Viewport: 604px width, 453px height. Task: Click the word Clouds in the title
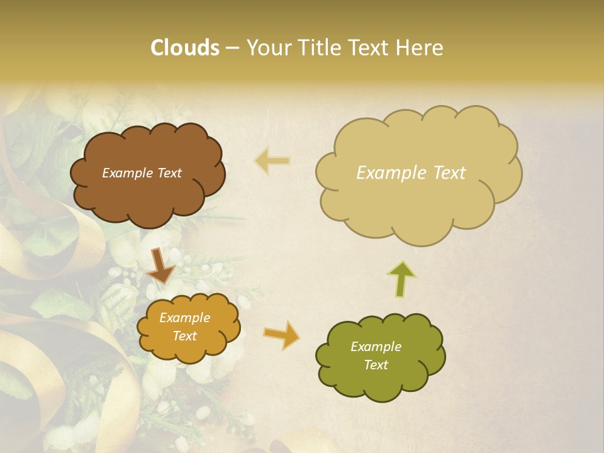(185, 48)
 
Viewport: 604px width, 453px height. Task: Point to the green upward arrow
(403, 278)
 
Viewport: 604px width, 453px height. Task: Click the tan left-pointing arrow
(272, 161)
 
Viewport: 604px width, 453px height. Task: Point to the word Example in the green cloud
(376, 347)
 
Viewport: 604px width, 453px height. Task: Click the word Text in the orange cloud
(185, 336)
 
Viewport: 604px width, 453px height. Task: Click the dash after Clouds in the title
(232, 48)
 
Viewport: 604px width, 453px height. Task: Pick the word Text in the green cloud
(376, 365)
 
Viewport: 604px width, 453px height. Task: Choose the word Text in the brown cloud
(168, 173)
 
